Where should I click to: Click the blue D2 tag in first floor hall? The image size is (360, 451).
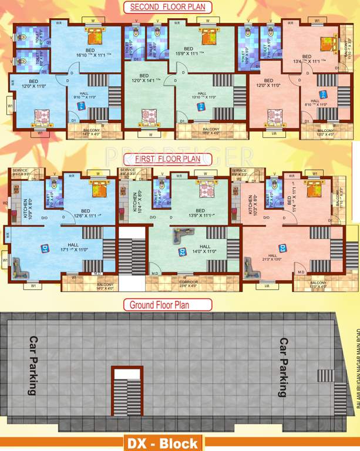[x=183, y=251]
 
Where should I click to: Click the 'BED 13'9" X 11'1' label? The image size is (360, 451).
[x=200, y=213]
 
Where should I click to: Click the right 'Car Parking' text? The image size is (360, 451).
[x=283, y=367]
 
